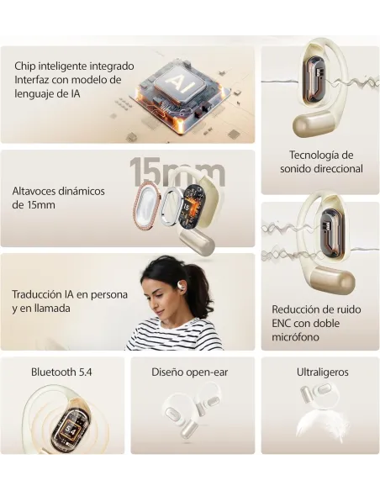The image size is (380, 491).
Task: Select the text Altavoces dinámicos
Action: (x=58, y=191)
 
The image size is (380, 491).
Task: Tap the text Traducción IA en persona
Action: (x=70, y=294)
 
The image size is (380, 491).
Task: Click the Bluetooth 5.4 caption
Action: (x=64, y=372)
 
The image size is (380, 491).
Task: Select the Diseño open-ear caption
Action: (x=190, y=372)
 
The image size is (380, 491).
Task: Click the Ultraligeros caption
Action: (x=322, y=372)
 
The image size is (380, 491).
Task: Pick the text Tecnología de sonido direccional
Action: (x=321, y=161)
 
